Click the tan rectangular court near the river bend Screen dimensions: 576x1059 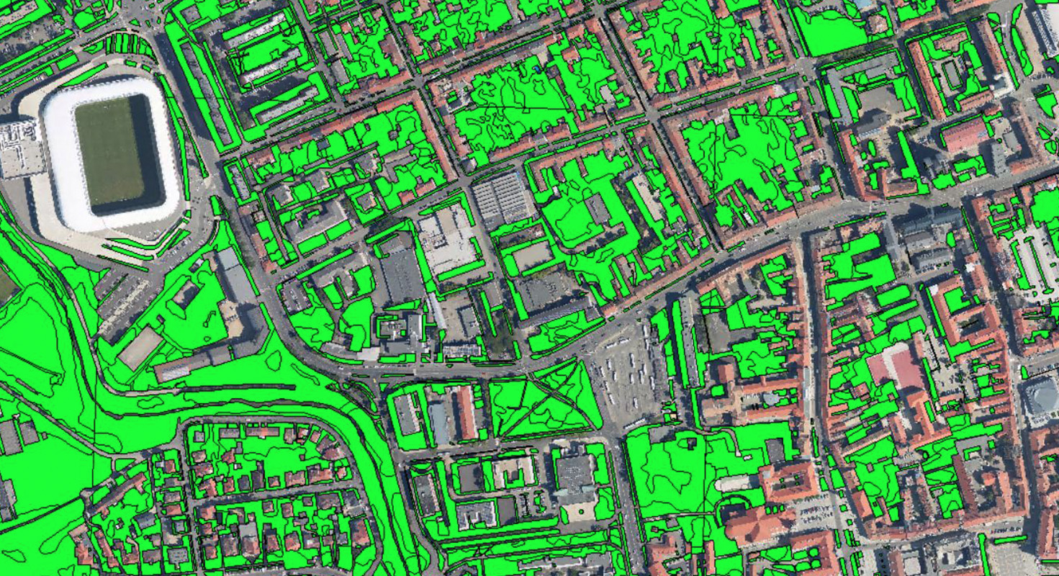(x=140, y=347)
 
